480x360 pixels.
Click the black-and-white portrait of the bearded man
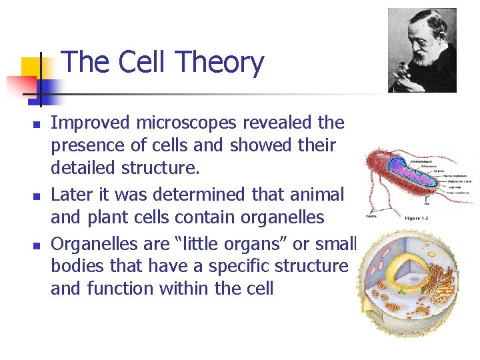coord(422,50)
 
